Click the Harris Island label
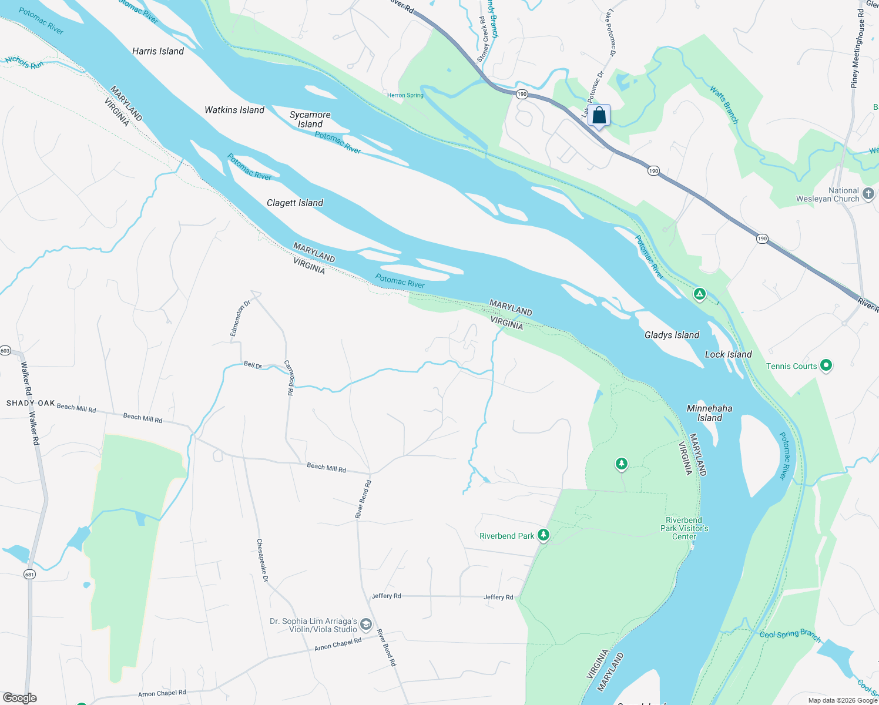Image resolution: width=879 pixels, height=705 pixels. click(157, 52)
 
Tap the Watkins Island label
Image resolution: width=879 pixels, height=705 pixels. click(234, 110)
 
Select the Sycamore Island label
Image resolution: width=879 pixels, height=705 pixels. click(310, 119)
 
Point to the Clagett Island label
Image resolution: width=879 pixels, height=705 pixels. click(295, 203)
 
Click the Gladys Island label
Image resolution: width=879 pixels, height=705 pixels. click(672, 335)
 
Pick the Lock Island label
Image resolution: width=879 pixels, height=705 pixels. click(728, 354)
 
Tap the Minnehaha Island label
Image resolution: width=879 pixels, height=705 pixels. click(709, 413)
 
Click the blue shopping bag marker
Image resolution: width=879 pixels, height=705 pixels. click(599, 115)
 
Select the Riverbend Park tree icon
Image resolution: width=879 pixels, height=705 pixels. click(543, 535)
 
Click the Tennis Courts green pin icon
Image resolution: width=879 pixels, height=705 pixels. click(826, 365)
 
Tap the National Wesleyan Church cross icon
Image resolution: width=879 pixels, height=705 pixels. click(868, 193)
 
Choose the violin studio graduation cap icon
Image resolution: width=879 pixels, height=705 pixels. click(365, 625)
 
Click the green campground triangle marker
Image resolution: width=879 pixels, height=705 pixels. click(699, 294)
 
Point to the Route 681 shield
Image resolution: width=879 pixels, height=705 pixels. click(30, 574)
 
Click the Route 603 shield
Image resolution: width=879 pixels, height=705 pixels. click(5, 351)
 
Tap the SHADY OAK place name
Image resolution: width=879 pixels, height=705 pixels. click(31, 403)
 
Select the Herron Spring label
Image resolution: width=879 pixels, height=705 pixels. click(405, 95)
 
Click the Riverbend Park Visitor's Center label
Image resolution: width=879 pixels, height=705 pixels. click(684, 528)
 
